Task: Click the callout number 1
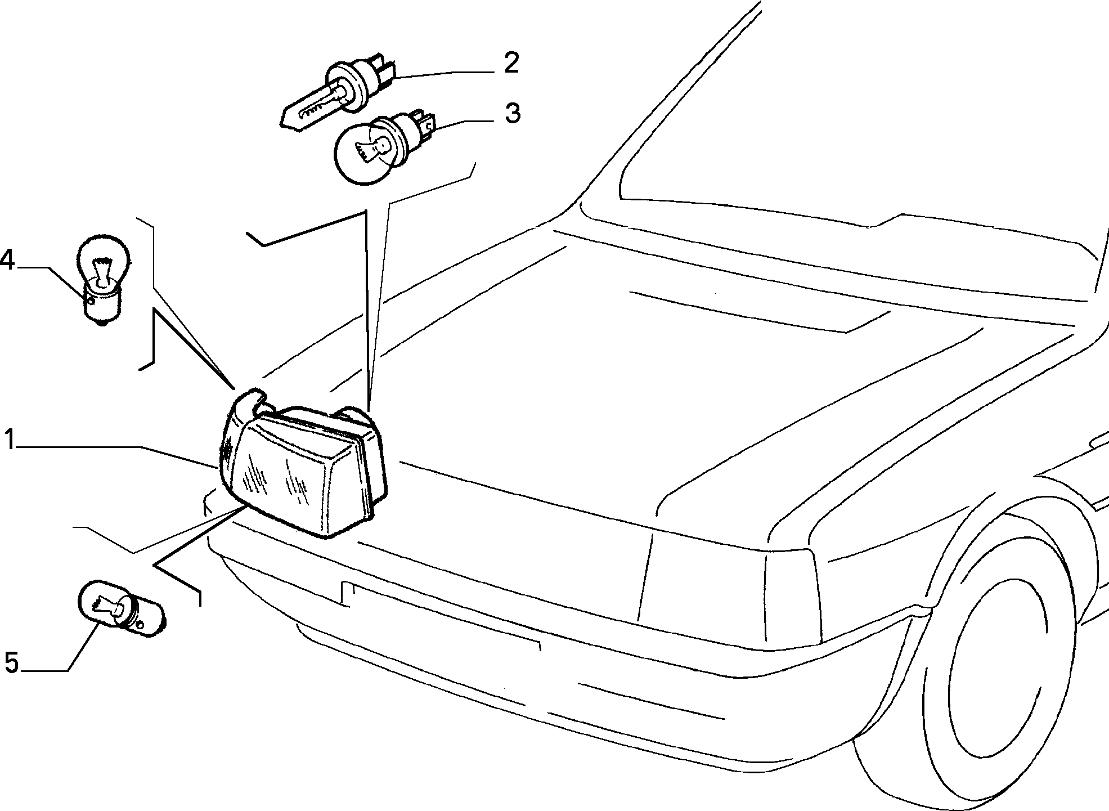pyautogui.click(x=10, y=440)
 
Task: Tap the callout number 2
pyautogui.click(x=511, y=64)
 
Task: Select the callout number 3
pyautogui.click(x=512, y=113)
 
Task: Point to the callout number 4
pyautogui.click(x=8, y=261)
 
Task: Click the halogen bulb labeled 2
pyautogui.click(x=338, y=94)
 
